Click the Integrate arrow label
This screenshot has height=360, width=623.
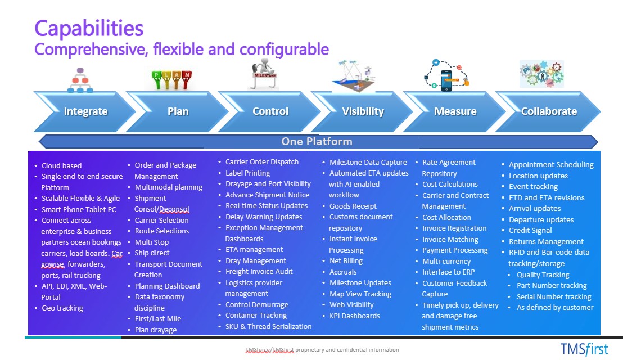coord(85,111)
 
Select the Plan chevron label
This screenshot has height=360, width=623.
coord(178,111)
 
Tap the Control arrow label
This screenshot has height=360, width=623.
coord(270,111)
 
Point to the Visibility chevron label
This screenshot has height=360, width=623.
coord(363,111)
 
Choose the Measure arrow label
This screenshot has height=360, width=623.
coord(455,111)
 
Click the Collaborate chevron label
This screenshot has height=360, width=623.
coord(549,111)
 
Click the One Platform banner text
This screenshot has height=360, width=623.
coord(317,141)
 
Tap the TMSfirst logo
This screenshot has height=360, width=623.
coord(584,348)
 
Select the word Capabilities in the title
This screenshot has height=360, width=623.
coord(89,28)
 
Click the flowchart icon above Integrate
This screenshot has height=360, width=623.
coord(80,80)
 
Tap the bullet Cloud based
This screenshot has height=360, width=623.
coord(61,165)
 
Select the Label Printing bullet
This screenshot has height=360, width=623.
coord(247,173)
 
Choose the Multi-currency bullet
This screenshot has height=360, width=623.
coord(446,261)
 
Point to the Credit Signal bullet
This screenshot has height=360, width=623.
coord(530,231)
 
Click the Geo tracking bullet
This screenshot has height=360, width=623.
coord(62,308)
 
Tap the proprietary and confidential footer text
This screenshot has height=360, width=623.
coord(322,350)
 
